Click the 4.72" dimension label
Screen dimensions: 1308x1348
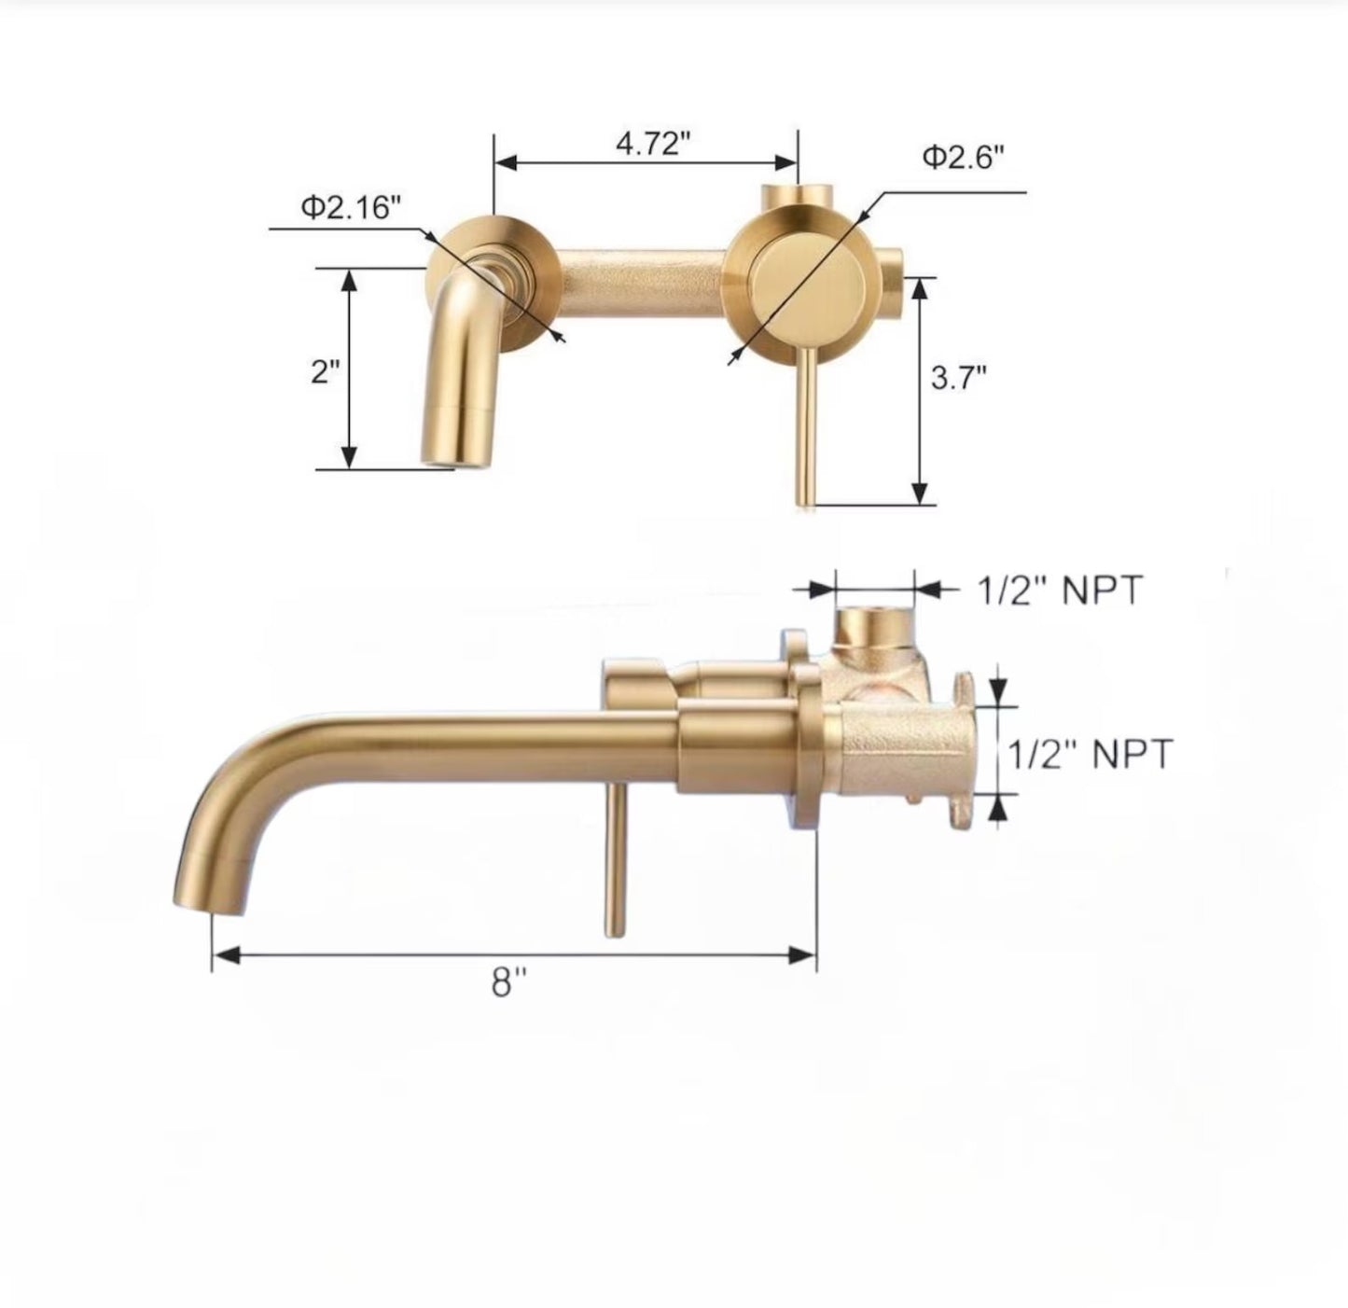(652, 144)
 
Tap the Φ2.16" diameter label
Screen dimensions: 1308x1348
(350, 206)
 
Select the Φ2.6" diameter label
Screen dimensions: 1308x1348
(963, 157)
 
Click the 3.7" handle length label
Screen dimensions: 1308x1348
(958, 378)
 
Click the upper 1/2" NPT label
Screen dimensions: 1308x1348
(1059, 591)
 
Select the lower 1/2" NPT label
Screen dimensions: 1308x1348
(1089, 753)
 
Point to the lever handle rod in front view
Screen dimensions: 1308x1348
(803, 429)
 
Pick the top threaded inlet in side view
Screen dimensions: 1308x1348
(873, 623)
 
